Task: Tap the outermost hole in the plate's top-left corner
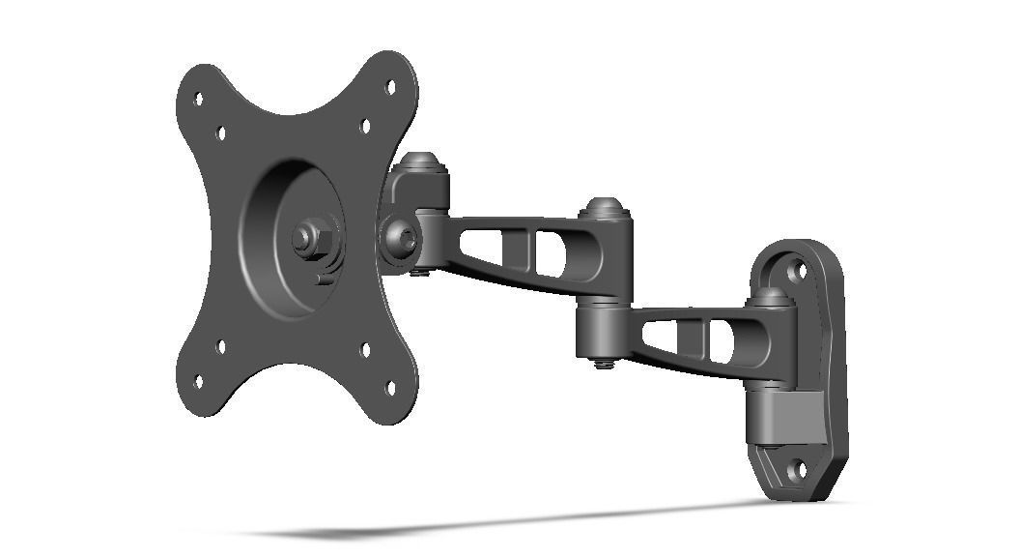(198, 99)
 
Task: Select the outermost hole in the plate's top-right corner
(390, 86)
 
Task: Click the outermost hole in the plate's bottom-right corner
(390, 388)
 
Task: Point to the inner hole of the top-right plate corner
(365, 126)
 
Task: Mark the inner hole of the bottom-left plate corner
(221, 346)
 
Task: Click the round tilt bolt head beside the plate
(399, 236)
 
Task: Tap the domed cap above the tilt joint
(421, 162)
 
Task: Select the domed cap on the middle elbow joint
(605, 207)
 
